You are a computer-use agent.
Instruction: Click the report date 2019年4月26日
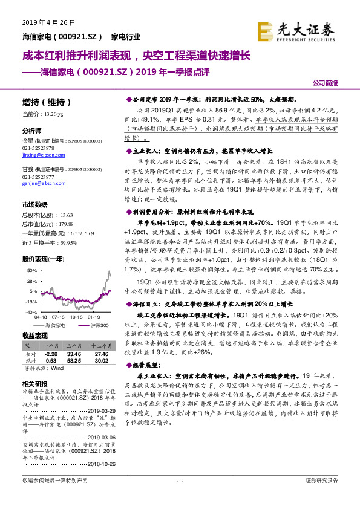coord(41,22)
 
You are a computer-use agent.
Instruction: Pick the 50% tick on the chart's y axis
coord(31,271)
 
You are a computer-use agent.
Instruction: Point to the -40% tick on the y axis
coord(31,311)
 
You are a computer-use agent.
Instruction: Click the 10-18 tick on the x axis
coord(76,316)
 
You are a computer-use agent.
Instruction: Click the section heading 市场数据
coord(35,205)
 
